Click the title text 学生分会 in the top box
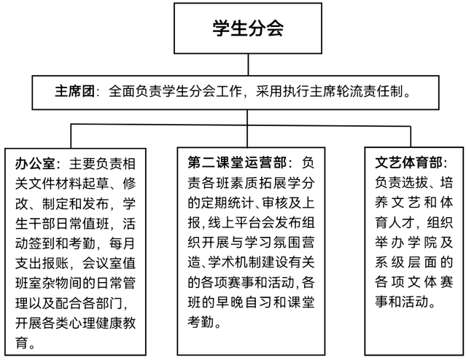pyautogui.click(x=248, y=28)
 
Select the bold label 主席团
pyautogui.click(x=74, y=91)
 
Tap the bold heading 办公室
pyautogui.click(x=35, y=164)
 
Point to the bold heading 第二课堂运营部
pyautogui.click(x=237, y=163)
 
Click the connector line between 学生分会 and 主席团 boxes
pyautogui.click(x=248, y=64)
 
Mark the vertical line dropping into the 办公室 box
pyautogui.click(x=71, y=136)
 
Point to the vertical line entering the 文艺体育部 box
pyautogui.click(x=411, y=136)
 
